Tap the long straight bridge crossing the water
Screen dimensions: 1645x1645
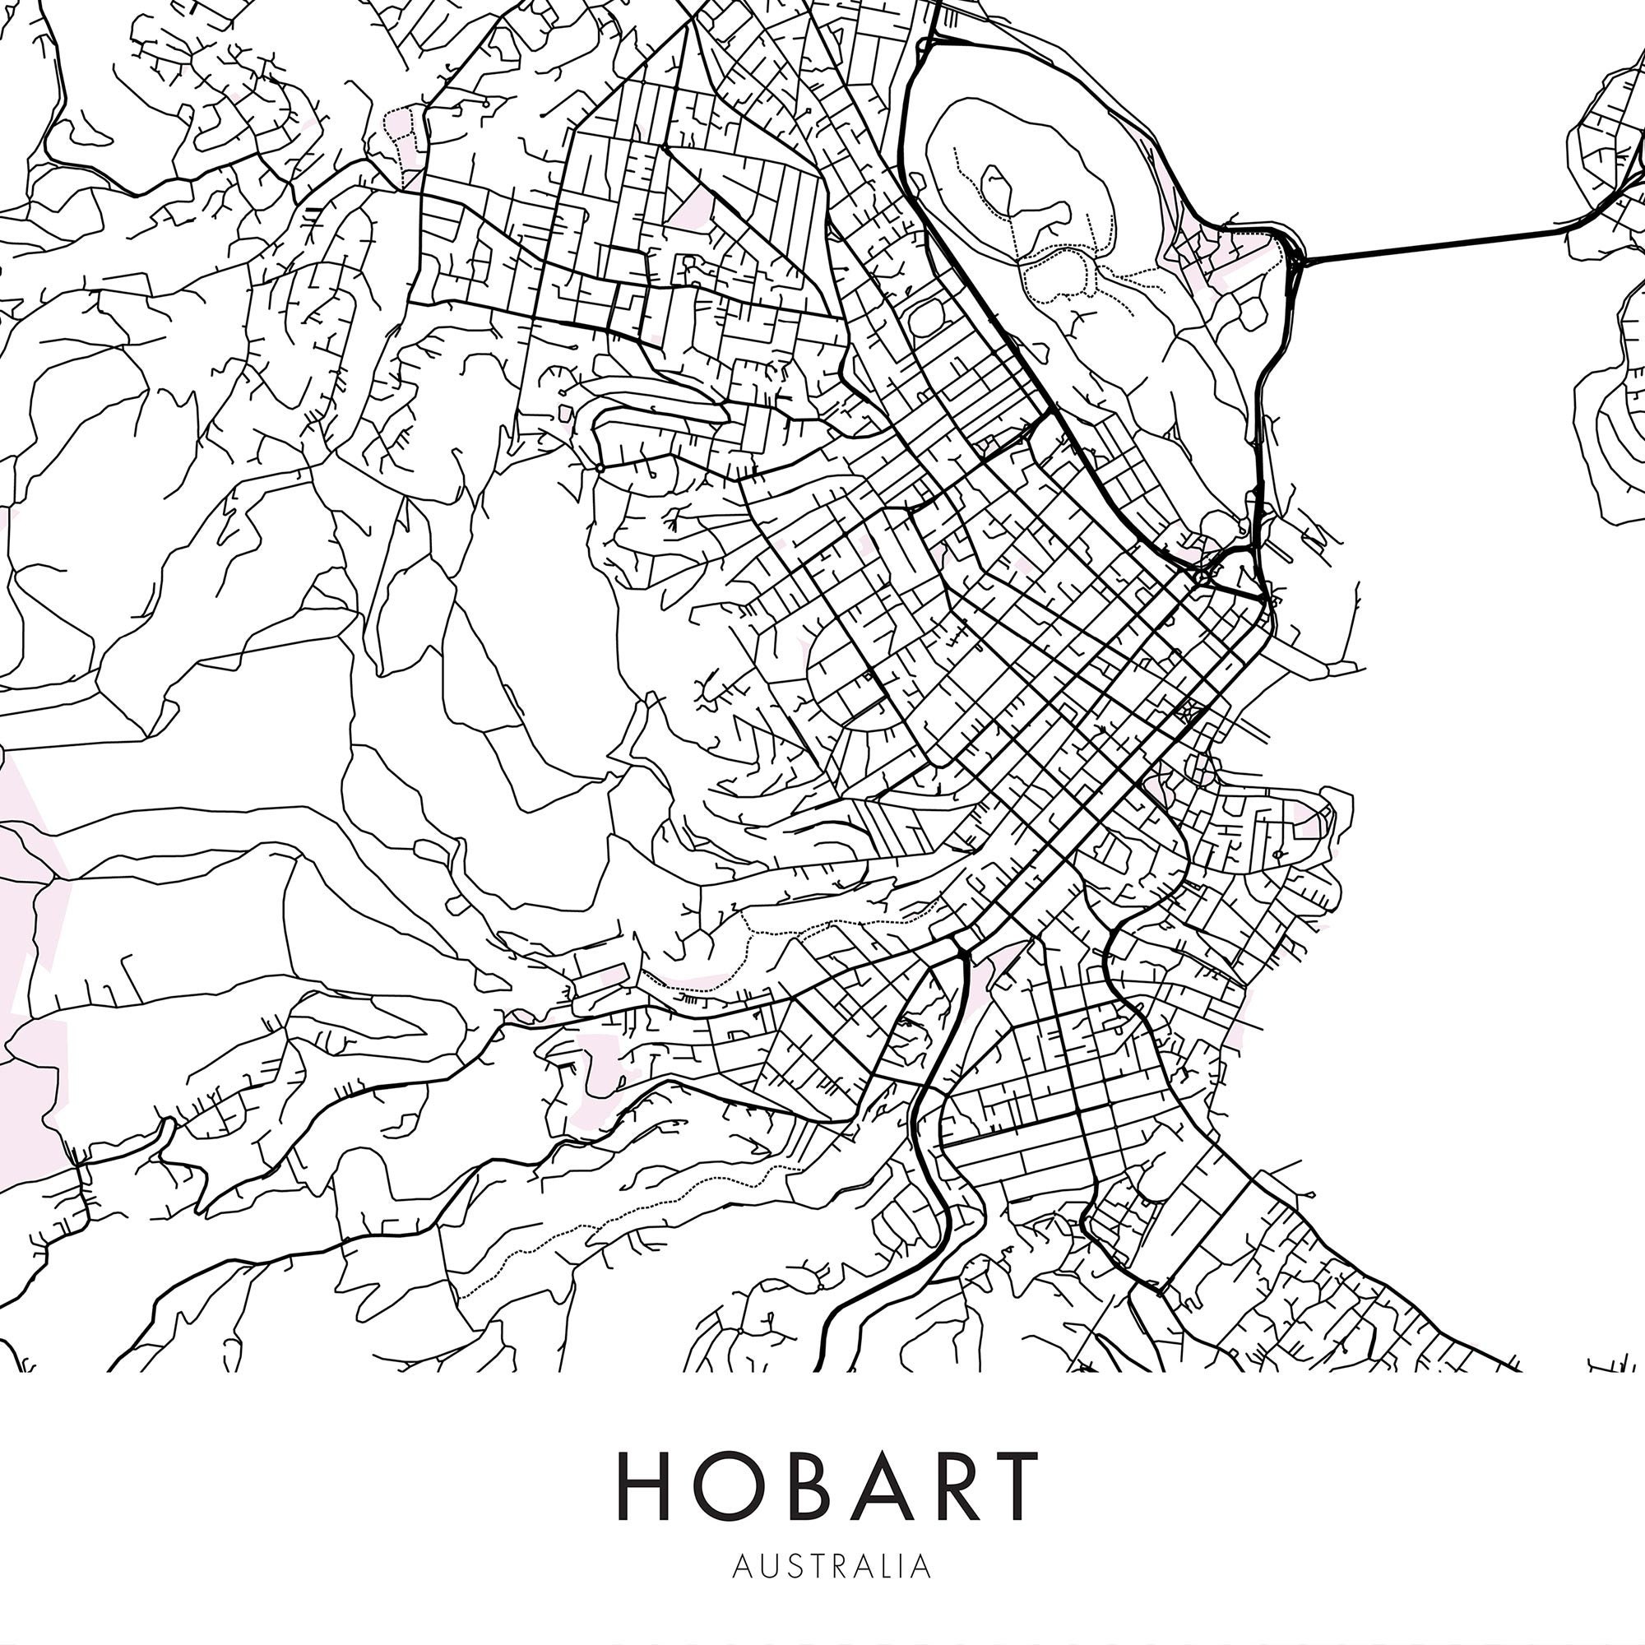coord(1430,244)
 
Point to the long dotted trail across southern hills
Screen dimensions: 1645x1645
coord(596,1226)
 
